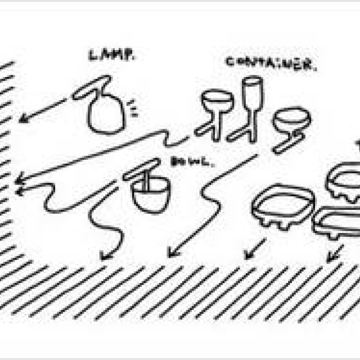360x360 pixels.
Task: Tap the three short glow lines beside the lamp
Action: pos(133,108)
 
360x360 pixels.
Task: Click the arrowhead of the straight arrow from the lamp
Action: pos(22,119)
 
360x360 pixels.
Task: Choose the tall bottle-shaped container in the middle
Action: pos(250,104)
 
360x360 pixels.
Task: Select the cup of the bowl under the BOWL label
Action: pos(150,193)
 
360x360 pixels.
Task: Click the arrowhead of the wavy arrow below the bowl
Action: pos(105,256)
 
